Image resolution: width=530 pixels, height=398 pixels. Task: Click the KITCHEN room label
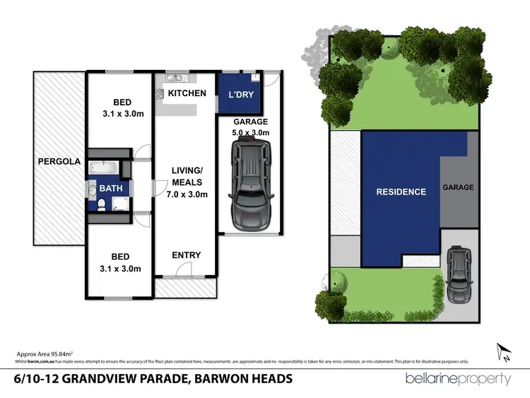click(187, 93)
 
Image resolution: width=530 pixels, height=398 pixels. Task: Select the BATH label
click(110, 189)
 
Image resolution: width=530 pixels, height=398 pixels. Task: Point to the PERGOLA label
click(57, 161)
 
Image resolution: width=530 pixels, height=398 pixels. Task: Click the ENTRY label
click(187, 255)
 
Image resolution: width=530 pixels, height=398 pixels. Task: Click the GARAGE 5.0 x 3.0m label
click(251, 127)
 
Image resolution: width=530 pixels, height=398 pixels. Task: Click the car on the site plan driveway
click(459, 274)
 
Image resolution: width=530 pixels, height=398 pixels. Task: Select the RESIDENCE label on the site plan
click(401, 192)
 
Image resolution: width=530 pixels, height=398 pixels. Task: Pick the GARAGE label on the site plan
click(458, 188)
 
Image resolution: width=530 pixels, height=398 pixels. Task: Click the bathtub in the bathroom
click(103, 168)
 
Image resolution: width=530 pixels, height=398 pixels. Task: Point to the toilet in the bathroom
click(102, 206)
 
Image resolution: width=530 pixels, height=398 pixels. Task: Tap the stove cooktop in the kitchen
click(160, 93)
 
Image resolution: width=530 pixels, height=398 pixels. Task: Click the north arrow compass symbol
click(503, 351)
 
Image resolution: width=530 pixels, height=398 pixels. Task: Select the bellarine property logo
click(459, 379)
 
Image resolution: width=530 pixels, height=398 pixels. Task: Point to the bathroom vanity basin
click(93, 189)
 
